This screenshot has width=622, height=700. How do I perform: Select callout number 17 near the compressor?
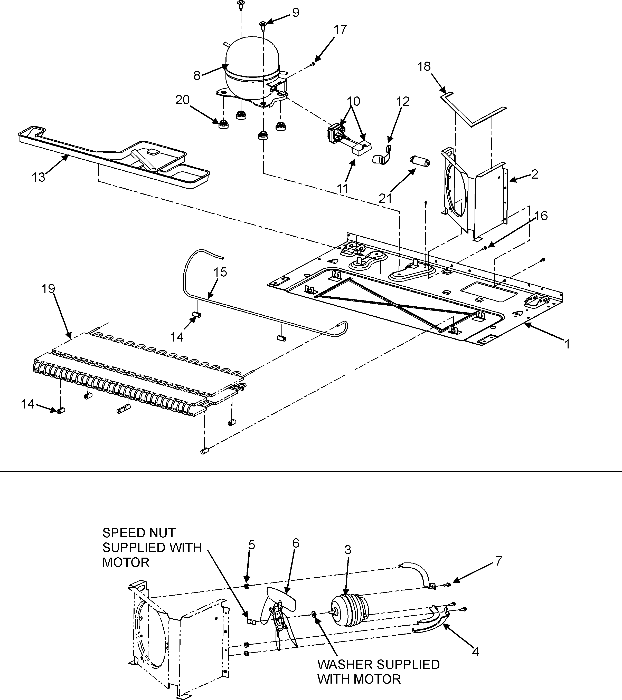click(x=340, y=30)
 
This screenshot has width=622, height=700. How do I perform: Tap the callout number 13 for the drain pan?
click(x=38, y=177)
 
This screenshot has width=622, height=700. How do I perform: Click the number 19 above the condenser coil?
click(x=48, y=289)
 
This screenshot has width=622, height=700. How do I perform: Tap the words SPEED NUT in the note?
click(x=139, y=533)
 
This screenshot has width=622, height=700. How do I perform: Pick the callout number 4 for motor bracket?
click(x=475, y=652)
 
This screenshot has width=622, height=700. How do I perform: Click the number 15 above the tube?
click(x=220, y=273)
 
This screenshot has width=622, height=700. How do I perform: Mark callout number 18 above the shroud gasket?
click(x=424, y=66)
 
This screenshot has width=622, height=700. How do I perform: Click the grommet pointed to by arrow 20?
click(x=223, y=124)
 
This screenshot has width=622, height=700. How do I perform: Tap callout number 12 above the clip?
click(x=403, y=101)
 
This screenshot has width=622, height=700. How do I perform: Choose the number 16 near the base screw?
click(x=541, y=216)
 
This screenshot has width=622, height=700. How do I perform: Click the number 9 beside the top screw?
click(x=295, y=13)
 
